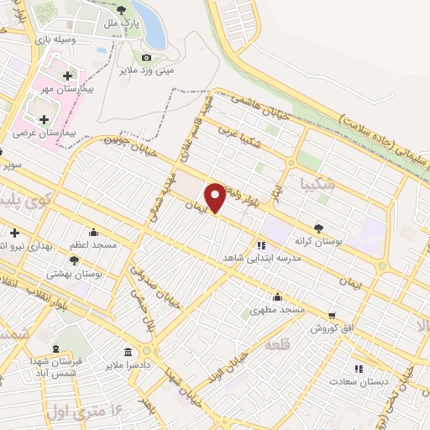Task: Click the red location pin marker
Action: pyautogui.click(x=216, y=198)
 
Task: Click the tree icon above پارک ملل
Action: pyautogui.click(x=123, y=10)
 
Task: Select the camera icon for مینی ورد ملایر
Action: pyautogui.click(x=147, y=57)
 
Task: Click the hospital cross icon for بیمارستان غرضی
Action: pyautogui.click(x=44, y=119)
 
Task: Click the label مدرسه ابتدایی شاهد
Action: pyautogui.click(x=261, y=258)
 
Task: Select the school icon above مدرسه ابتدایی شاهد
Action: pyautogui.click(x=261, y=245)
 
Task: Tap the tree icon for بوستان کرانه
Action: pyautogui.click(x=318, y=228)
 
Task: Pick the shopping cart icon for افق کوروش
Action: pyautogui.click(x=333, y=315)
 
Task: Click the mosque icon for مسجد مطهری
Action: pyautogui.click(x=277, y=297)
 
